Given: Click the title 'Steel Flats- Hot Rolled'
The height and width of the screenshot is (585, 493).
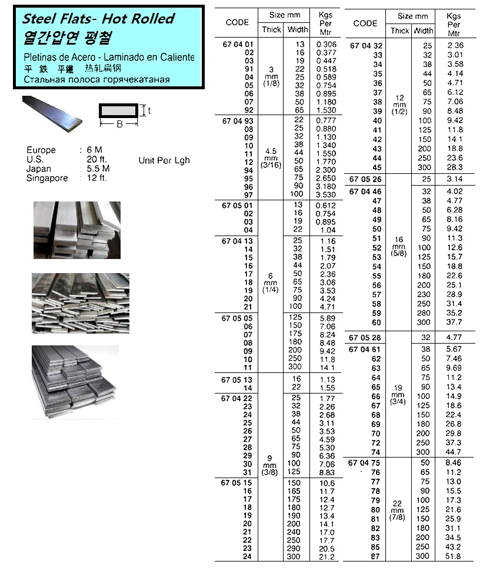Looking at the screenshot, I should click(x=98, y=19).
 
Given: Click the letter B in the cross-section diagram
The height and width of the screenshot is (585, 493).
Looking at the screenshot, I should click(x=119, y=124).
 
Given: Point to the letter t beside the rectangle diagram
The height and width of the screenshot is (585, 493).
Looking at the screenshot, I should click(x=149, y=110).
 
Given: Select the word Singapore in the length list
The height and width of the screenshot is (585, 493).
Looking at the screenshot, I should click(x=47, y=178).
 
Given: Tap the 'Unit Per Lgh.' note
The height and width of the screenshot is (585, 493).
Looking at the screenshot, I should click(x=164, y=160).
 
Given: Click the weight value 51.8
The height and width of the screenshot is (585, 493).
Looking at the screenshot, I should click(x=454, y=556).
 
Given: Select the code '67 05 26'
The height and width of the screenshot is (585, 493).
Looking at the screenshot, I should click(x=365, y=179).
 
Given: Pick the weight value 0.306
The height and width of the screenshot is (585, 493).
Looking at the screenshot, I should click(x=326, y=44).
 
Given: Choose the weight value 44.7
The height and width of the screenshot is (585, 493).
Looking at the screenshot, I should click(x=454, y=452).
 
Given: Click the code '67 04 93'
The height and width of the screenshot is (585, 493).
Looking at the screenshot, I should click(x=238, y=120).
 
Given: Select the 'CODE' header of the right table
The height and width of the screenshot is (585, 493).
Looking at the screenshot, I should click(x=365, y=23).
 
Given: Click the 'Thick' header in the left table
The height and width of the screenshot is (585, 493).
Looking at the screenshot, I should click(x=271, y=29).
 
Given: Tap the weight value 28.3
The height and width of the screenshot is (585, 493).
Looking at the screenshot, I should click(x=454, y=167).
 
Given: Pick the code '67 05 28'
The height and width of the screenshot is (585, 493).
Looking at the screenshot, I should click(x=365, y=338).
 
